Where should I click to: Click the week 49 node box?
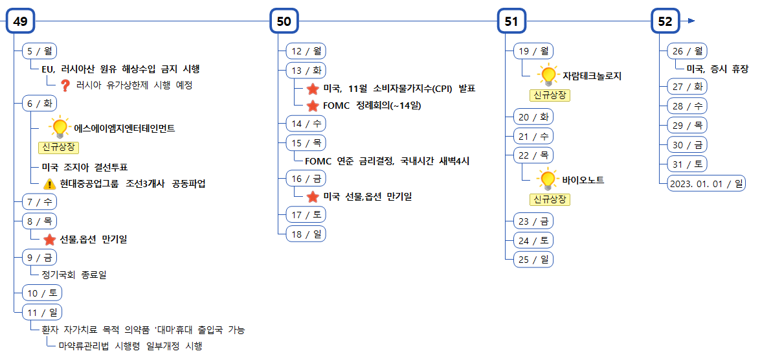[20, 21]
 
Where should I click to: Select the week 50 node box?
[284, 21]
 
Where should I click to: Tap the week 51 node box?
[511, 21]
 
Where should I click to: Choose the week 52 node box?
[665, 21]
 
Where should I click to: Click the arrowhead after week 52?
[691, 21]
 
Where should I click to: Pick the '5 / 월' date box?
[40, 51]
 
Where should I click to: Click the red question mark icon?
[65, 85]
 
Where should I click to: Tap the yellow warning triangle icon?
[49, 184]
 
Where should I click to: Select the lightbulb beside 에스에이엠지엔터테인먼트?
[60, 127]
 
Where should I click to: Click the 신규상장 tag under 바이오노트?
[550, 199]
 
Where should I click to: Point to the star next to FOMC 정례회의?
[313, 106]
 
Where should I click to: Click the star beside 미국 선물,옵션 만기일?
[313, 196]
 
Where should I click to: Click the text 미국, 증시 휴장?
[717, 69]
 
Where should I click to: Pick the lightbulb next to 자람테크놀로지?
[548, 75]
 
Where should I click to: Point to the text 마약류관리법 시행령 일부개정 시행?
[130, 346]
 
